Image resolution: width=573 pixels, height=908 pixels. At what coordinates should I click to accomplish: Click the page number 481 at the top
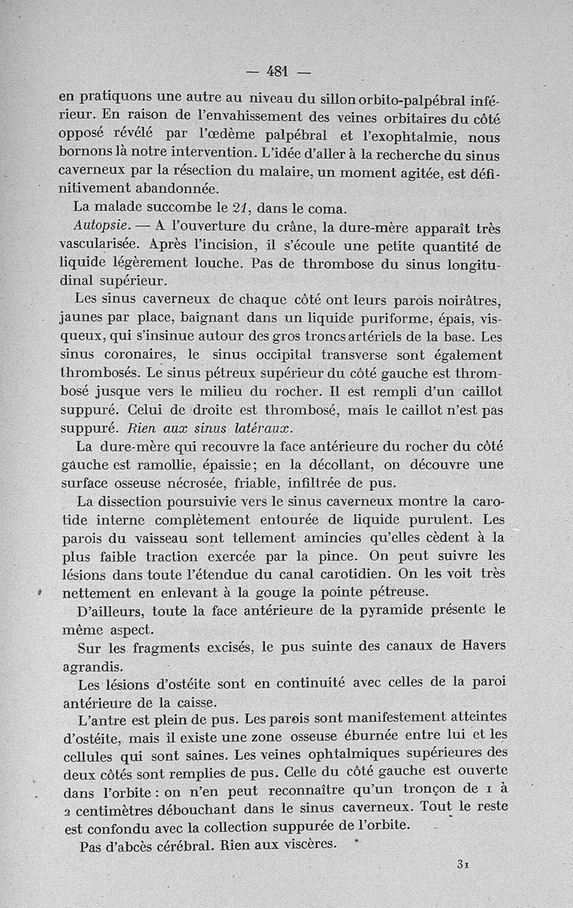pos(276,71)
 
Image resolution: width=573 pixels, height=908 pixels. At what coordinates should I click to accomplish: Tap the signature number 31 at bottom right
pos(462,865)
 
